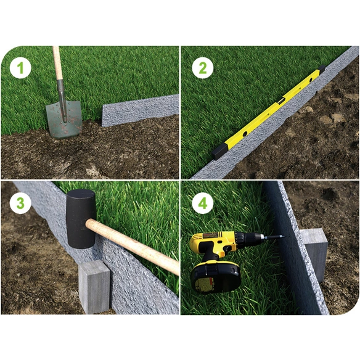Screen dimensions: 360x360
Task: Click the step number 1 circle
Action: coord(20,68)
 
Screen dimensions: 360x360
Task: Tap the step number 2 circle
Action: coord(203,68)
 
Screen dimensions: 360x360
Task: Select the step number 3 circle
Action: coord(20,203)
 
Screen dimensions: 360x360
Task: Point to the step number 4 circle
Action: coord(203,203)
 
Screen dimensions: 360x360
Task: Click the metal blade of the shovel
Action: coord(64,120)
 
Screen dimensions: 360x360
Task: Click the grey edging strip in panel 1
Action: coord(140,110)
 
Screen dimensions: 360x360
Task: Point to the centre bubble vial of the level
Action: coord(281,100)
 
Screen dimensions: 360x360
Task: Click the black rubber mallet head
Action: coord(81,219)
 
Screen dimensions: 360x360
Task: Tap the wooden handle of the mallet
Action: coord(133,246)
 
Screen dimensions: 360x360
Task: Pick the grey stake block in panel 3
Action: coord(94,287)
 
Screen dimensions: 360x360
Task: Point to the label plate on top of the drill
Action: coord(210,235)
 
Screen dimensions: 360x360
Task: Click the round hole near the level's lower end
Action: coord(245,133)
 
